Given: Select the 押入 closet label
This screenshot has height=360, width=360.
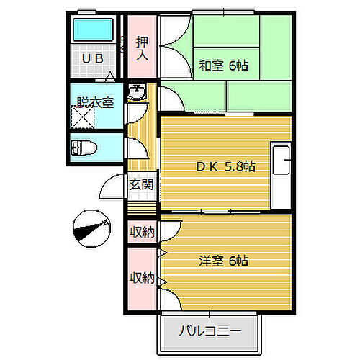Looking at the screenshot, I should click(x=141, y=48).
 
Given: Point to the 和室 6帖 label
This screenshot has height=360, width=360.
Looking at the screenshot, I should click(x=223, y=66).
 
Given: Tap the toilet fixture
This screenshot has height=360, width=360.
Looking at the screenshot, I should click(x=84, y=148).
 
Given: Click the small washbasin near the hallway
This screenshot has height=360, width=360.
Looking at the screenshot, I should click(x=137, y=92).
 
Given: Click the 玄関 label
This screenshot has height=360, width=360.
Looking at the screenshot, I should click(x=140, y=184).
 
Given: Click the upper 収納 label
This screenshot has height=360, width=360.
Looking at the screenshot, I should click(x=141, y=232).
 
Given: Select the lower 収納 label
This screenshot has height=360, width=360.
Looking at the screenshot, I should click(x=141, y=278).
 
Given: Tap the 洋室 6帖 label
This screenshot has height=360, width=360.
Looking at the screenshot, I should click(x=223, y=261).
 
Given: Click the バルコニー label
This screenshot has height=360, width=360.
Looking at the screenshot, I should click(x=209, y=333).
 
